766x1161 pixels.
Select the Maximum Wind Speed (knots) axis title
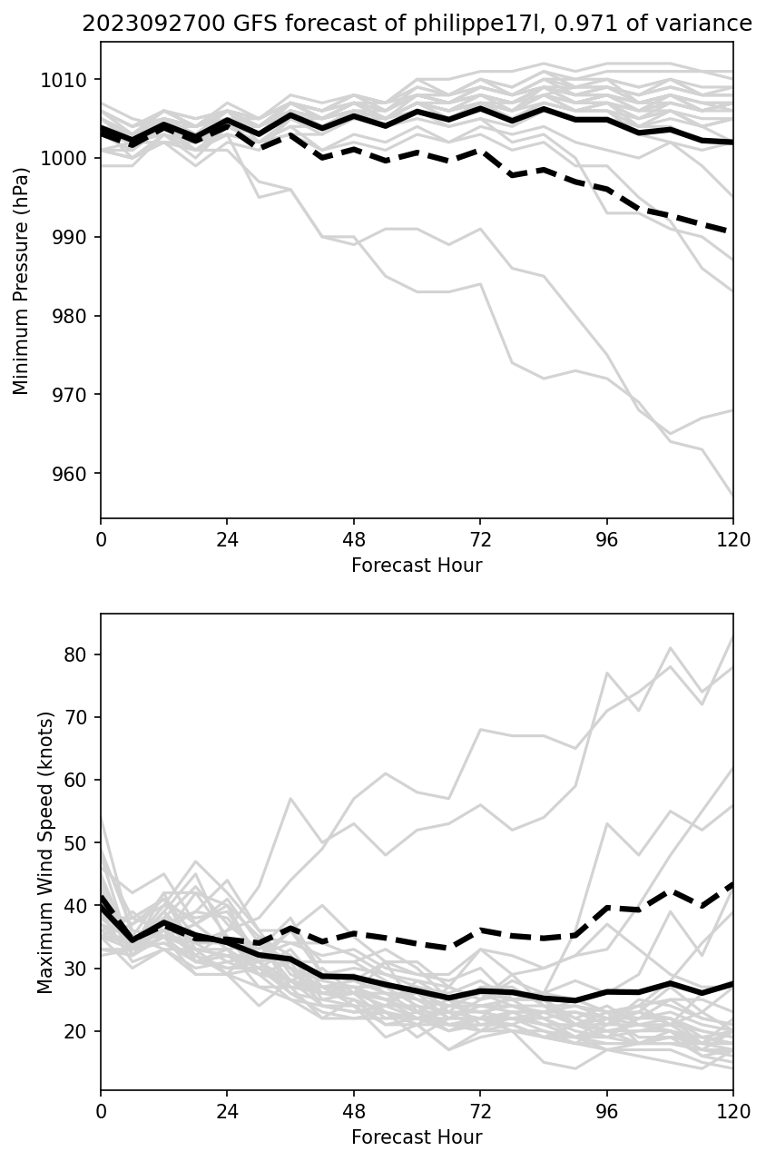pyautogui.click(x=45, y=852)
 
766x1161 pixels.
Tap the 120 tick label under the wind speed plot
pyautogui.click(x=732, y=1111)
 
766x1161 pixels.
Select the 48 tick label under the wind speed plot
pyautogui.click(x=354, y=1111)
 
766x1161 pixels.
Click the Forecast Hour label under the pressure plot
pyautogui.click(x=417, y=566)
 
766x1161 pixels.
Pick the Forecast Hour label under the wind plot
pyautogui.click(x=417, y=1137)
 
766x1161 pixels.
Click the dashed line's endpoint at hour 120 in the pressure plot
pyautogui.click(x=732, y=231)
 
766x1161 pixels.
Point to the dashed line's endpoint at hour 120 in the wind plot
pyautogui.click(x=732, y=883)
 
